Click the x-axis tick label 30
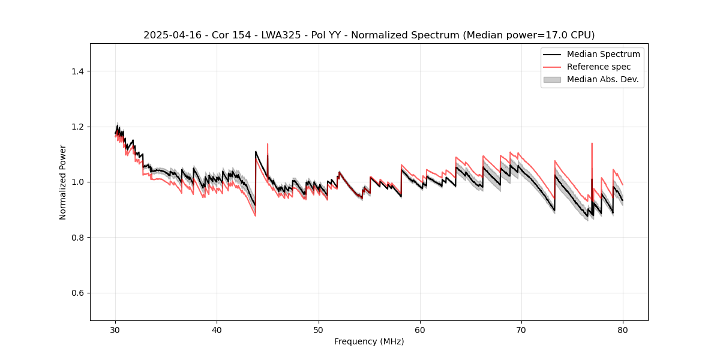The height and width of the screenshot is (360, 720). coord(116,330)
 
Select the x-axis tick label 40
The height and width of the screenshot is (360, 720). coord(217,330)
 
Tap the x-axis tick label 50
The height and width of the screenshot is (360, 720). coord(319,330)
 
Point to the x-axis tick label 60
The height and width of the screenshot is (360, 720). coord(420,330)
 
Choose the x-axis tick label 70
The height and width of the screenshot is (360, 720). coord(521,330)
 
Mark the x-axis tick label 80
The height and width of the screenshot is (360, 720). coord(623,330)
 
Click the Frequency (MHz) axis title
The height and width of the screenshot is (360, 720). coord(369,342)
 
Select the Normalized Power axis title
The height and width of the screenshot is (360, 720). coord(63,182)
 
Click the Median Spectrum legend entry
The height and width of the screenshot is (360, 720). coord(603,54)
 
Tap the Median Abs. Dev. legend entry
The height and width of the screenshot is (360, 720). coord(602,79)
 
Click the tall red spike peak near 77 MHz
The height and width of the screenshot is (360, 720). coord(592,143)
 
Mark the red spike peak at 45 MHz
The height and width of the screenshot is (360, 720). coord(268,144)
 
